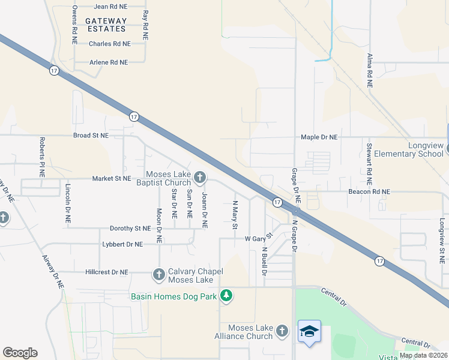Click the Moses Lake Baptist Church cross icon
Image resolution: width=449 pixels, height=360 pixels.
pos(200,177)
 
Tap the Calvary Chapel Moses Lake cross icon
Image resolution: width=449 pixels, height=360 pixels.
pos(159,275)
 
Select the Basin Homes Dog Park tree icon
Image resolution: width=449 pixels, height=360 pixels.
pos(226,295)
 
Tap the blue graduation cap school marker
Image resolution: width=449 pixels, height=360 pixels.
pos(309,332)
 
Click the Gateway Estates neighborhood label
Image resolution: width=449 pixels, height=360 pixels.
pos(106,25)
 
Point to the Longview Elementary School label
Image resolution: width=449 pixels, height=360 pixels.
pos(408,149)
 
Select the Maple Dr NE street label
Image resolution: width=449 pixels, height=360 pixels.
pos(319,137)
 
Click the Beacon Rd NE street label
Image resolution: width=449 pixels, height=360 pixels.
pos(369,192)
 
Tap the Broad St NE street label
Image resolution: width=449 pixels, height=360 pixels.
pos(91,136)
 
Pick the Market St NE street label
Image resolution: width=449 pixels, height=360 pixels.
pos(111,179)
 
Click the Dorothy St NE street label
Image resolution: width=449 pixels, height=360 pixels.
pos(130,229)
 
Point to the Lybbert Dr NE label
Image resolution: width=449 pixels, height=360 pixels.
pos(122,244)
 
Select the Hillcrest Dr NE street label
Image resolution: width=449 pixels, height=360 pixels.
pos(107,272)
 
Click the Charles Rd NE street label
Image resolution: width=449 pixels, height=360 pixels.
pos(109,44)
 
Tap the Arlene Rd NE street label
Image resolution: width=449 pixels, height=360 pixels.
pos(109,62)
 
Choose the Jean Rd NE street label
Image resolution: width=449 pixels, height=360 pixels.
pos(110,7)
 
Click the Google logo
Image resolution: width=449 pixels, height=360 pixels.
pos(20,353)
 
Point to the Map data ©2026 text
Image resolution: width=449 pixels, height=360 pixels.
pos(423,355)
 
